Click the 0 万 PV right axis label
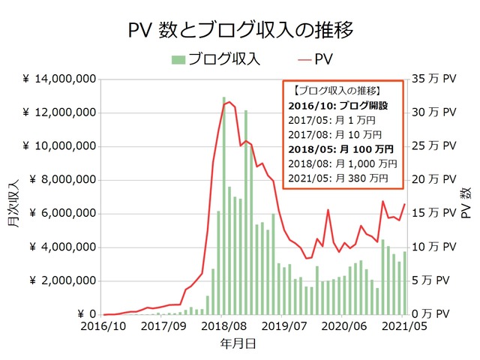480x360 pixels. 437,314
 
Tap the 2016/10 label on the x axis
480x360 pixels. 105,327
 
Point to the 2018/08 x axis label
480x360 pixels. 225,327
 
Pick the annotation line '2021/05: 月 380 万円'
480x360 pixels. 338,178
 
